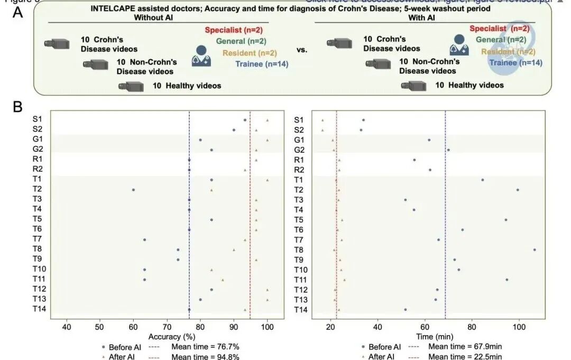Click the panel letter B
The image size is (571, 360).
[x=18, y=107]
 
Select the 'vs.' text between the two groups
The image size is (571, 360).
[x=302, y=50]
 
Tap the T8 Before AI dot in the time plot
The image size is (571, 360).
[x=535, y=250]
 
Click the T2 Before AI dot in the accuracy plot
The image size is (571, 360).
[x=133, y=190]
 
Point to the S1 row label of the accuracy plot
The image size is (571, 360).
[x=38, y=120]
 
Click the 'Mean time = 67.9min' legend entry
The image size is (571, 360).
[x=462, y=347]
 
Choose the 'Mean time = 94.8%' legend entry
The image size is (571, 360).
[x=206, y=356]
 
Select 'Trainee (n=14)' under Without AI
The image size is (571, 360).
[x=262, y=64]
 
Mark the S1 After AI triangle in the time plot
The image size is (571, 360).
[x=323, y=120]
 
